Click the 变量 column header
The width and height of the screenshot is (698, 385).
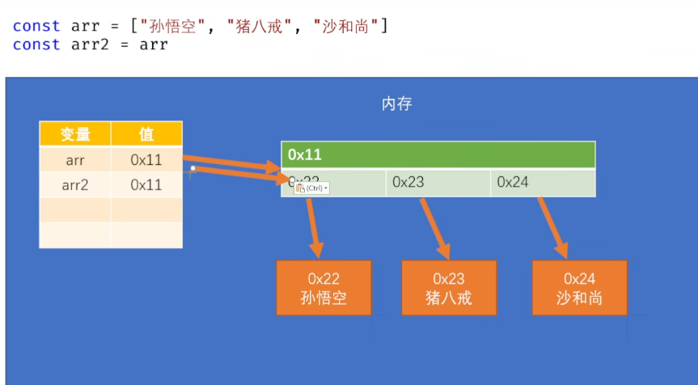(x=75, y=134)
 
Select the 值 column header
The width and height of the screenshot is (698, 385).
(x=146, y=134)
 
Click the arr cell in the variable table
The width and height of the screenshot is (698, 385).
(x=75, y=159)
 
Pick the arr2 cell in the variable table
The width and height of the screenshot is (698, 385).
(x=75, y=184)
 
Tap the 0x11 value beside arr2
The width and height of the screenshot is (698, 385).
(x=146, y=184)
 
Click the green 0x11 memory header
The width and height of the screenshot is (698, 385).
(x=438, y=154)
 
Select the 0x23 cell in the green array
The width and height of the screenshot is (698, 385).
(x=438, y=182)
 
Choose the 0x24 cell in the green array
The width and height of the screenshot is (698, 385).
(x=542, y=182)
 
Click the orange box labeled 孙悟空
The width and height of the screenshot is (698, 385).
(x=324, y=288)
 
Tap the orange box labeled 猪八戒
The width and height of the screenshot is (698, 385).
(x=449, y=288)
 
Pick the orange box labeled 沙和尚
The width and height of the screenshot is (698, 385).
(x=579, y=288)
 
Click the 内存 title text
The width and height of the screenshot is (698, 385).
(x=397, y=104)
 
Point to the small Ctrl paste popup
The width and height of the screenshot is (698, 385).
(x=311, y=188)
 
